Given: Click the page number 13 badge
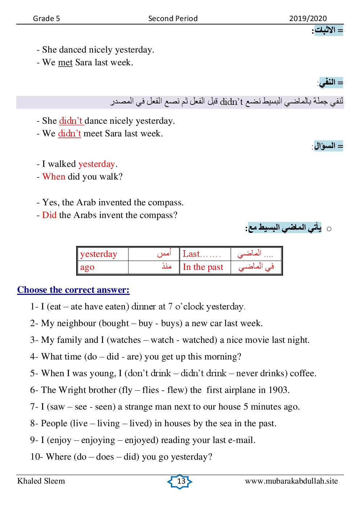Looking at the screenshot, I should pos(180,481).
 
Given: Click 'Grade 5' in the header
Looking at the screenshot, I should pos(46,19).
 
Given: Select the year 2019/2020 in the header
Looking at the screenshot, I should pos(308,19).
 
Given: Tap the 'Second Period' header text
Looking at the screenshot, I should pos(173,19).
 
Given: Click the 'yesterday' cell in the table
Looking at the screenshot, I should pos(99,254).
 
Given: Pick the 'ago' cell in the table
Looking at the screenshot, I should pos(87,267).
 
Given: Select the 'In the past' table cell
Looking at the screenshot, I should pos(203,267).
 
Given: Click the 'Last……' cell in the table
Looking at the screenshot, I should pos(201,254).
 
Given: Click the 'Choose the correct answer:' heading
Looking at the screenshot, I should pos(73,290).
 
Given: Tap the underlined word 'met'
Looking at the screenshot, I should pos(65,62).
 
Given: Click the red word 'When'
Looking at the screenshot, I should pos(54,177).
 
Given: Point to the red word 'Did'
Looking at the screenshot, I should pos(49,215).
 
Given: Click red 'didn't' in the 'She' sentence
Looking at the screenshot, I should pos(71,121).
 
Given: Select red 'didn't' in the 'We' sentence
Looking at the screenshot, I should pos(70,134).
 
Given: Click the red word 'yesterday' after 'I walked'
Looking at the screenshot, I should pos(97,164).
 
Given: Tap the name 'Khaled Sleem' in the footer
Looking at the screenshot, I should pos(41,481).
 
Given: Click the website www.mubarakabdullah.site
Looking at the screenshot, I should pos(291,481).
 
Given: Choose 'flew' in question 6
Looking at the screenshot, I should pos(176,390).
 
